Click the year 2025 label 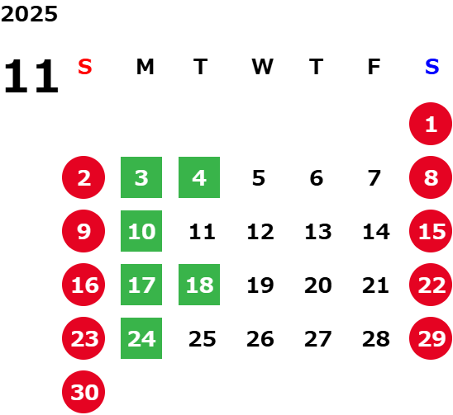pyautogui.click(x=29, y=14)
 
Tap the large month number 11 pyautogui.click(x=31, y=76)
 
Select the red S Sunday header pyautogui.click(x=85, y=67)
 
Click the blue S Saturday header pyautogui.click(x=432, y=67)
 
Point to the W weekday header pyautogui.click(x=262, y=67)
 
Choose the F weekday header pyautogui.click(x=374, y=67)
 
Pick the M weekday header pyautogui.click(x=145, y=67)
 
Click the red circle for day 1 pyautogui.click(x=431, y=124)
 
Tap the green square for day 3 pyautogui.click(x=141, y=177)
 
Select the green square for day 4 pyautogui.click(x=199, y=177)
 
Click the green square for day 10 pyautogui.click(x=141, y=231)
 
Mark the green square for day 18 pyautogui.click(x=199, y=285)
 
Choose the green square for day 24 pyautogui.click(x=141, y=338)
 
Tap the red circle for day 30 pyautogui.click(x=83, y=392)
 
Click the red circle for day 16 pyautogui.click(x=83, y=285)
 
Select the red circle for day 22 pyautogui.click(x=431, y=285)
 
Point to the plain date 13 pyautogui.click(x=318, y=232)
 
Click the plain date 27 pyautogui.click(x=317, y=339)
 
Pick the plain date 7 pyautogui.click(x=374, y=178)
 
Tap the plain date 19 pyautogui.click(x=260, y=285)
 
